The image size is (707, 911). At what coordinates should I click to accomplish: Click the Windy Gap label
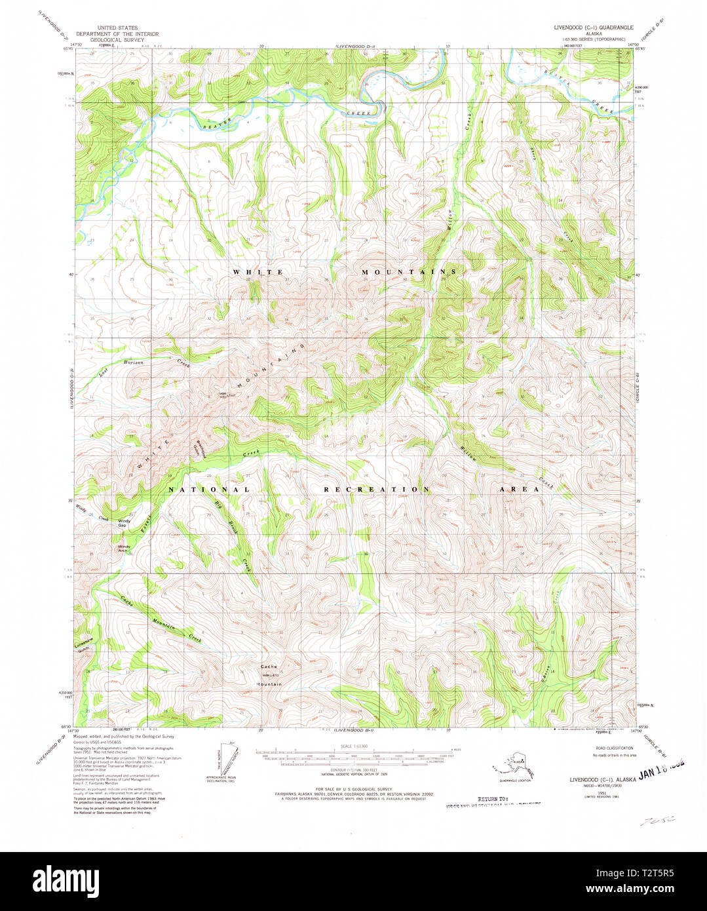[x=123, y=523]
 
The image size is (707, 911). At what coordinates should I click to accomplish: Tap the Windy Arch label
[x=124, y=549]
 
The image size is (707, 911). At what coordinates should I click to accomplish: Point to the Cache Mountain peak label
[x=271, y=678]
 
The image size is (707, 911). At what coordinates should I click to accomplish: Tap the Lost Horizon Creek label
[x=143, y=365]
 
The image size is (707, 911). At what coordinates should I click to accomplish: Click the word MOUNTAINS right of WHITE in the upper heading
[x=410, y=271]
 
